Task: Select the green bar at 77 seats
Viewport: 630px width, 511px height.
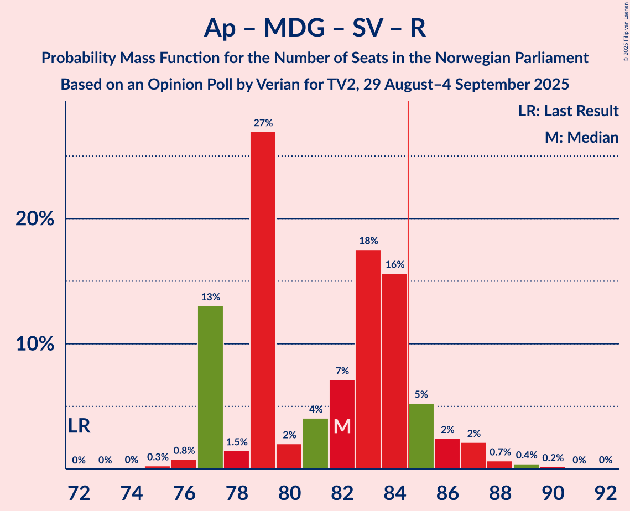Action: (210, 387)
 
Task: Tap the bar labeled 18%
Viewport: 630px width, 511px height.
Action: (368, 359)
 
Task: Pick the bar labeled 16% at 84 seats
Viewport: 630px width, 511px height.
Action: (394, 371)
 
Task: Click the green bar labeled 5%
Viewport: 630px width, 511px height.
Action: (421, 436)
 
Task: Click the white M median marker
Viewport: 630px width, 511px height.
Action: (342, 426)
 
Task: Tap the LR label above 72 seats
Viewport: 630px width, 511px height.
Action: (79, 426)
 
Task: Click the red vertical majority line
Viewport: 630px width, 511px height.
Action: (408, 277)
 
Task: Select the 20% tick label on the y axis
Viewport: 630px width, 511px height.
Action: (34, 219)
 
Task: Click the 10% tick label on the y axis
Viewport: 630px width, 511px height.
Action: (34, 344)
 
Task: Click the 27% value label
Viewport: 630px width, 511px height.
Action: (263, 123)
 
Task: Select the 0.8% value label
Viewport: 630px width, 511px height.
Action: (184, 451)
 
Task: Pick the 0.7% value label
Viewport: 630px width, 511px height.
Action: (499, 452)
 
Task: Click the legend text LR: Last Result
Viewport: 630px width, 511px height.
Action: (568, 111)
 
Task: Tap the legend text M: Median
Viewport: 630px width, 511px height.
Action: (581, 137)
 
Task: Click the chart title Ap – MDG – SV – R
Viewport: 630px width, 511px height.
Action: (315, 28)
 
